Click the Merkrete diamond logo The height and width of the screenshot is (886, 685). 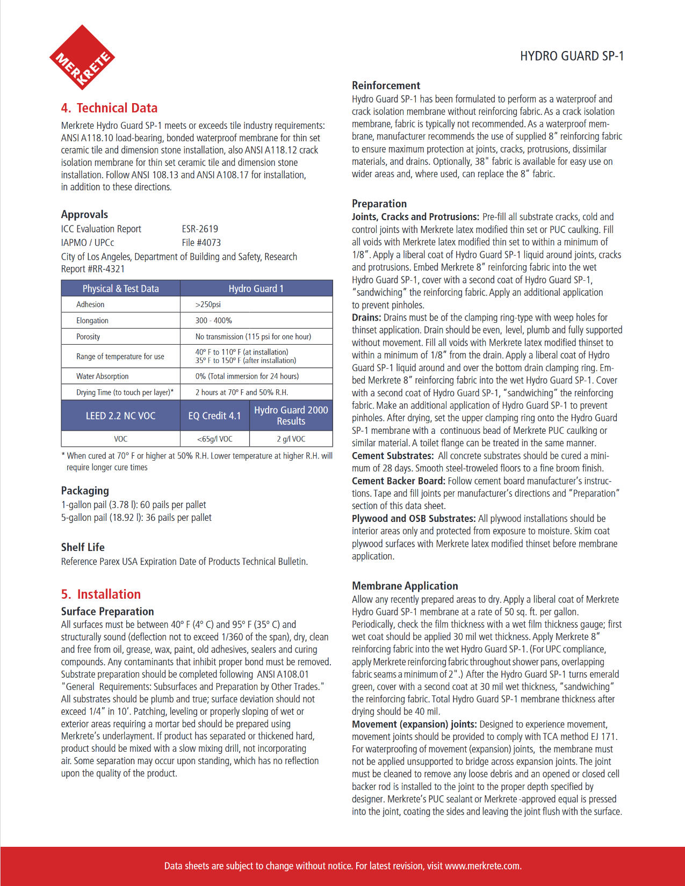[x=82, y=57]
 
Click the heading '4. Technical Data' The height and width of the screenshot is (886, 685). [x=109, y=108]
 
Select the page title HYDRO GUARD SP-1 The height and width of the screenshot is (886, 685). [x=572, y=56]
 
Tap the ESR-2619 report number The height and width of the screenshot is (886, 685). [x=200, y=229]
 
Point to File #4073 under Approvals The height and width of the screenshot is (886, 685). [x=201, y=243]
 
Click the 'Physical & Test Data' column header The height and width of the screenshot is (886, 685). [x=120, y=288]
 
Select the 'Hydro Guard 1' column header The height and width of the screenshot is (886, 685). [x=256, y=288]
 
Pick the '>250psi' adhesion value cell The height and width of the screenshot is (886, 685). [x=208, y=304]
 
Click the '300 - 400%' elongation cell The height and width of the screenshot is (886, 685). [x=213, y=321]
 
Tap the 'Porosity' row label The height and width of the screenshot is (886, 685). [x=88, y=337]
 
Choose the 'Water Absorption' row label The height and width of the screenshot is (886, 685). [x=102, y=376]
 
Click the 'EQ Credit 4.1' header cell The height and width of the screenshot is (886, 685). [x=214, y=416]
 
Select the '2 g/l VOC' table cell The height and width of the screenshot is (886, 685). [x=291, y=439]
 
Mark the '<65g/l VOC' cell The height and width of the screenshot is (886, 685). [x=214, y=439]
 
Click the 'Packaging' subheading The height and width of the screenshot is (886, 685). [x=85, y=490]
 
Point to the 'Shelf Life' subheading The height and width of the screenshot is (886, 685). [x=83, y=547]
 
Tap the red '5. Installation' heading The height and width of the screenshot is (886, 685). [x=101, y=594]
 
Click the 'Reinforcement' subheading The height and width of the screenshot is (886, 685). [x=386, y=85]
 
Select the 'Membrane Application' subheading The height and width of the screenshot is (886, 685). [x=405, y=586]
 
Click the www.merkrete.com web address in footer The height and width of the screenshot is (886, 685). [x=482, y=866]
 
